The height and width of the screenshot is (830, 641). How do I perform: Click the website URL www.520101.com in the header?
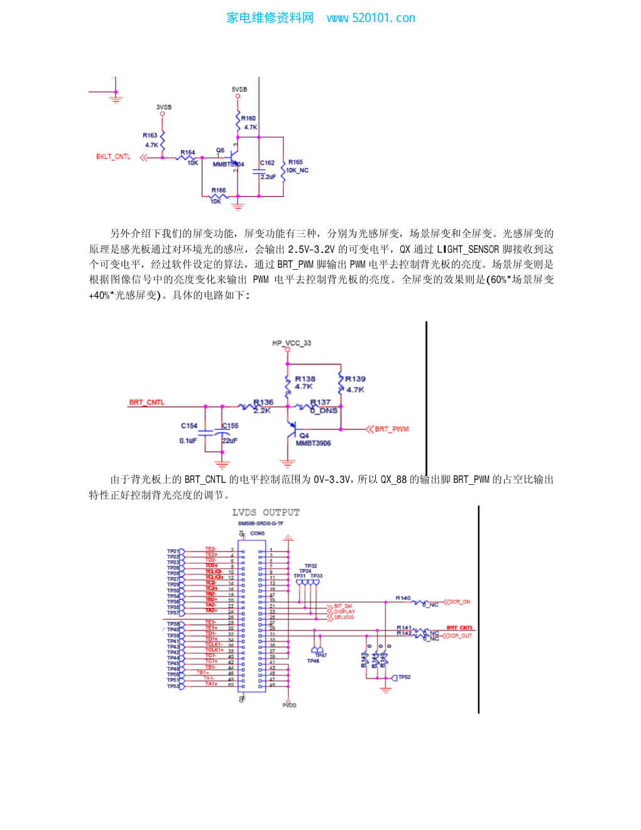tap(371, 18)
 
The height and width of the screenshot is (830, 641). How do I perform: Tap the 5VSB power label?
tap(239, 89)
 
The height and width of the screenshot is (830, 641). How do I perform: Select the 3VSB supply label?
tap(163, 108)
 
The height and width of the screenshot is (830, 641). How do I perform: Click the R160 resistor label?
tap(248, 118)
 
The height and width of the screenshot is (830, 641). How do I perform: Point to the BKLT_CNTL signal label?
tap(113, 157)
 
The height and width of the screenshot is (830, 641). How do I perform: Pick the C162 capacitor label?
tap(267, 163)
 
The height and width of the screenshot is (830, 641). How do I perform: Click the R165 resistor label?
tap(295, 162)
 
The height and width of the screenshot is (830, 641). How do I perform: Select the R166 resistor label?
tap(218, 190)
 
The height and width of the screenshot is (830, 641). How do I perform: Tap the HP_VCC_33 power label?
tap(292, 343)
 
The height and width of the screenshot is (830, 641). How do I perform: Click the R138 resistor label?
tap(305, 379)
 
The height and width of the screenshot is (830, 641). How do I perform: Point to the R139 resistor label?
tap(355, 379)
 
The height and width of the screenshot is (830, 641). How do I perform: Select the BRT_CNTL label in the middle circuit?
tap(146, 402)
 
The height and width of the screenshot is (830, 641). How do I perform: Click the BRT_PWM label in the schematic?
tap(392, 429)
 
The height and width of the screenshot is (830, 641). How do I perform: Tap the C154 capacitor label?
tap(189, 426)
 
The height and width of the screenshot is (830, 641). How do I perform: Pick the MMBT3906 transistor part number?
tap(313, 443)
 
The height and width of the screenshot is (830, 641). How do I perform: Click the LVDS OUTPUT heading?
tap(266, 512)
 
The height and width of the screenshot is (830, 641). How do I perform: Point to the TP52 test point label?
tap(404, 677)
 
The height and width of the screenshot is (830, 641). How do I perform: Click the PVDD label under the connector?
tap(289, 705)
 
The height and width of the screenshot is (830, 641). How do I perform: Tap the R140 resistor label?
tap(403, 598)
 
